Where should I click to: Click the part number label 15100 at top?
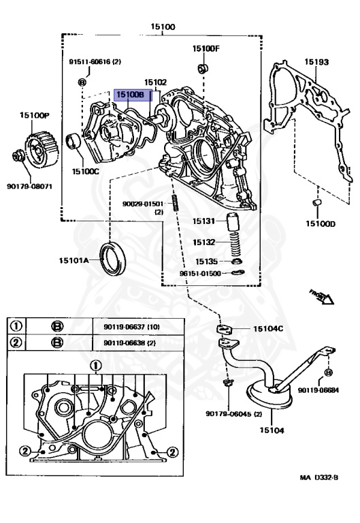click(x=163, y=27)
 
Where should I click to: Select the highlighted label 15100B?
click(x=129, y=95)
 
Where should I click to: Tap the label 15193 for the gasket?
click(x=316, y=62)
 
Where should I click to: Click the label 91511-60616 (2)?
click(x=95, y=61)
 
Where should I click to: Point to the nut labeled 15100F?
click(x=203, y=68)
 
